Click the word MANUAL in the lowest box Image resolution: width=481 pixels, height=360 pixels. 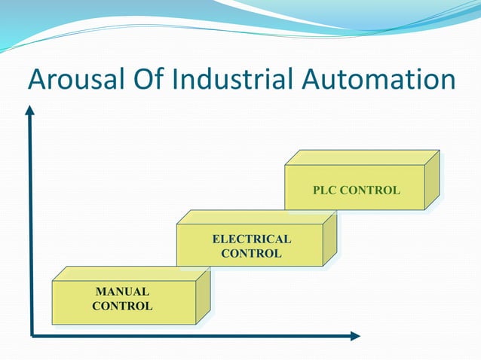point(122,291)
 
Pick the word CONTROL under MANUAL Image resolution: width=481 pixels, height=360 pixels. point(122,306)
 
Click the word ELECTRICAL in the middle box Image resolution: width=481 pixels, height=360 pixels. point(251,239)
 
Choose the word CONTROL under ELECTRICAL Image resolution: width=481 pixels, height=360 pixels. point(251,254)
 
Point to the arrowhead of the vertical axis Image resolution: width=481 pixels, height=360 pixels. point(30,110)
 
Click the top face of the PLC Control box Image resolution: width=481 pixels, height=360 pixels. point(362,157)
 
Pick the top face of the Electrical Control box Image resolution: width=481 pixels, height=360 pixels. point(256,218)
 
